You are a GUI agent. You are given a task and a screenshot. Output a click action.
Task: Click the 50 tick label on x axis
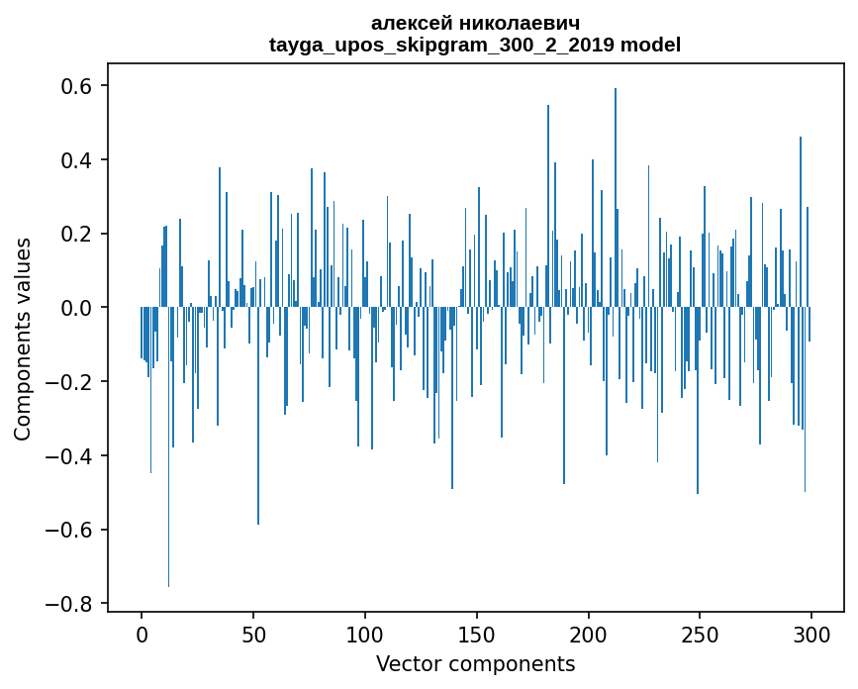tap(253, 634)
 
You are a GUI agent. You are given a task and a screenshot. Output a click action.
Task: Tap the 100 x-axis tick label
tap(365, 634)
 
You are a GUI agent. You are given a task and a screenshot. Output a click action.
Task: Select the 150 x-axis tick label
tap(477, 634)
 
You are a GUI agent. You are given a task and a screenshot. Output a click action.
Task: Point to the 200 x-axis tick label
tap(589, 634)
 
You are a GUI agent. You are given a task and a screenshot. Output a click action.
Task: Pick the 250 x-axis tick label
tap(701, 634)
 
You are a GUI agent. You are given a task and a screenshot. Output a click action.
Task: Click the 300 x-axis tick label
tap(812, 634)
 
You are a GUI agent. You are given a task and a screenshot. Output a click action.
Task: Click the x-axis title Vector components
tap(475, 663)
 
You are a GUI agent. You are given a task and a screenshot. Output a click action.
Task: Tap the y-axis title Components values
tap(23, 339)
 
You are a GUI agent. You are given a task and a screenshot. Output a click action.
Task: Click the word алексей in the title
tap(410, 23)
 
